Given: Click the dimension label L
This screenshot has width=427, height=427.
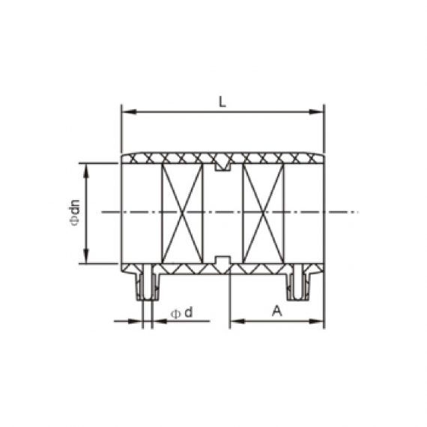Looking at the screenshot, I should [222, 103].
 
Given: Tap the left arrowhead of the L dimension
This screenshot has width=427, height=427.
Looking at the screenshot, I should [126, 112].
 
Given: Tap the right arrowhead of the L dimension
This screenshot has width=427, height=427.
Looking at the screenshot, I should [320, 112].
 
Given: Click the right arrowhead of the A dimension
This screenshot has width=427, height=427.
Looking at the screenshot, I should [320, 321].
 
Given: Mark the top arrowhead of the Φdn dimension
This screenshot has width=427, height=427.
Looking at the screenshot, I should [88, 167].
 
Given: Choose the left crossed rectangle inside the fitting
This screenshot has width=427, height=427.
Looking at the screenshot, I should [182, 213].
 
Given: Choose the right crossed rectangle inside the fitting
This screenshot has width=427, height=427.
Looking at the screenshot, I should [263, 213].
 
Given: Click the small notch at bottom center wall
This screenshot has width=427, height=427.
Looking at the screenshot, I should [222, 261].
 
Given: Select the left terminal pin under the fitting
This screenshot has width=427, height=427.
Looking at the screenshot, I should [147, 285].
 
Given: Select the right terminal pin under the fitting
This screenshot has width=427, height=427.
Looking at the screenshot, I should [300, 285].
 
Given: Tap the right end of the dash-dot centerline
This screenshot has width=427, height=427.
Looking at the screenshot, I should [358, 213].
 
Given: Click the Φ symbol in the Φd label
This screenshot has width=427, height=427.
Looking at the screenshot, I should [175, 312].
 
